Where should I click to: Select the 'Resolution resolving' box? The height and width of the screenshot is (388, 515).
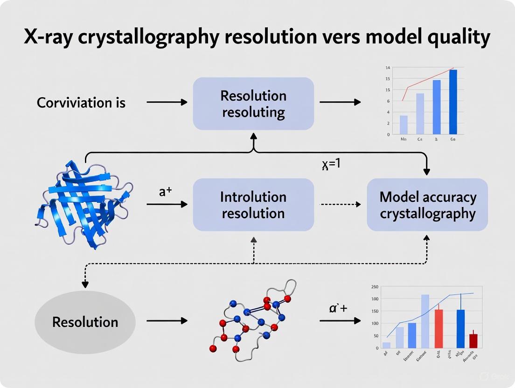(253, 104)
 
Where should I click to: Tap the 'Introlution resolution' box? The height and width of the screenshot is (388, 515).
(253, 205)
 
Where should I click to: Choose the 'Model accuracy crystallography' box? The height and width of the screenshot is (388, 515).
(427, 205)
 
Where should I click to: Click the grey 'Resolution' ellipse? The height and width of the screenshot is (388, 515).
(85, 322)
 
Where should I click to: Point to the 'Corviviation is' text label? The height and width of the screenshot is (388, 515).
(81, 102)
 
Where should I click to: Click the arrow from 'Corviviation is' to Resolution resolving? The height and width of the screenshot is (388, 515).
(167, 102)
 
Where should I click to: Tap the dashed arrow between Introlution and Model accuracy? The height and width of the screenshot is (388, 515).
(340, 204)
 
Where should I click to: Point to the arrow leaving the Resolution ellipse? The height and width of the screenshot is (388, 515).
(167, 321)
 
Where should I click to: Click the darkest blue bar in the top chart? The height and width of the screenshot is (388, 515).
(453, 102)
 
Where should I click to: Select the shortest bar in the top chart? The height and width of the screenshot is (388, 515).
(404, 125)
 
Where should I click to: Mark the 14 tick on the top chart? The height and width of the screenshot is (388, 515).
(388, 68)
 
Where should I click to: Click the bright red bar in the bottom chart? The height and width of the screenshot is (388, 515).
(438, 328)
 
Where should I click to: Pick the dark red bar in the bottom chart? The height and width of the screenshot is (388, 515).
(473, 340)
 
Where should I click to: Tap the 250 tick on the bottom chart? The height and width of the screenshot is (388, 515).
(374, 287)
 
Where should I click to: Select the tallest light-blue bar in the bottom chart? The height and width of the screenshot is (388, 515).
(425, 321)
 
